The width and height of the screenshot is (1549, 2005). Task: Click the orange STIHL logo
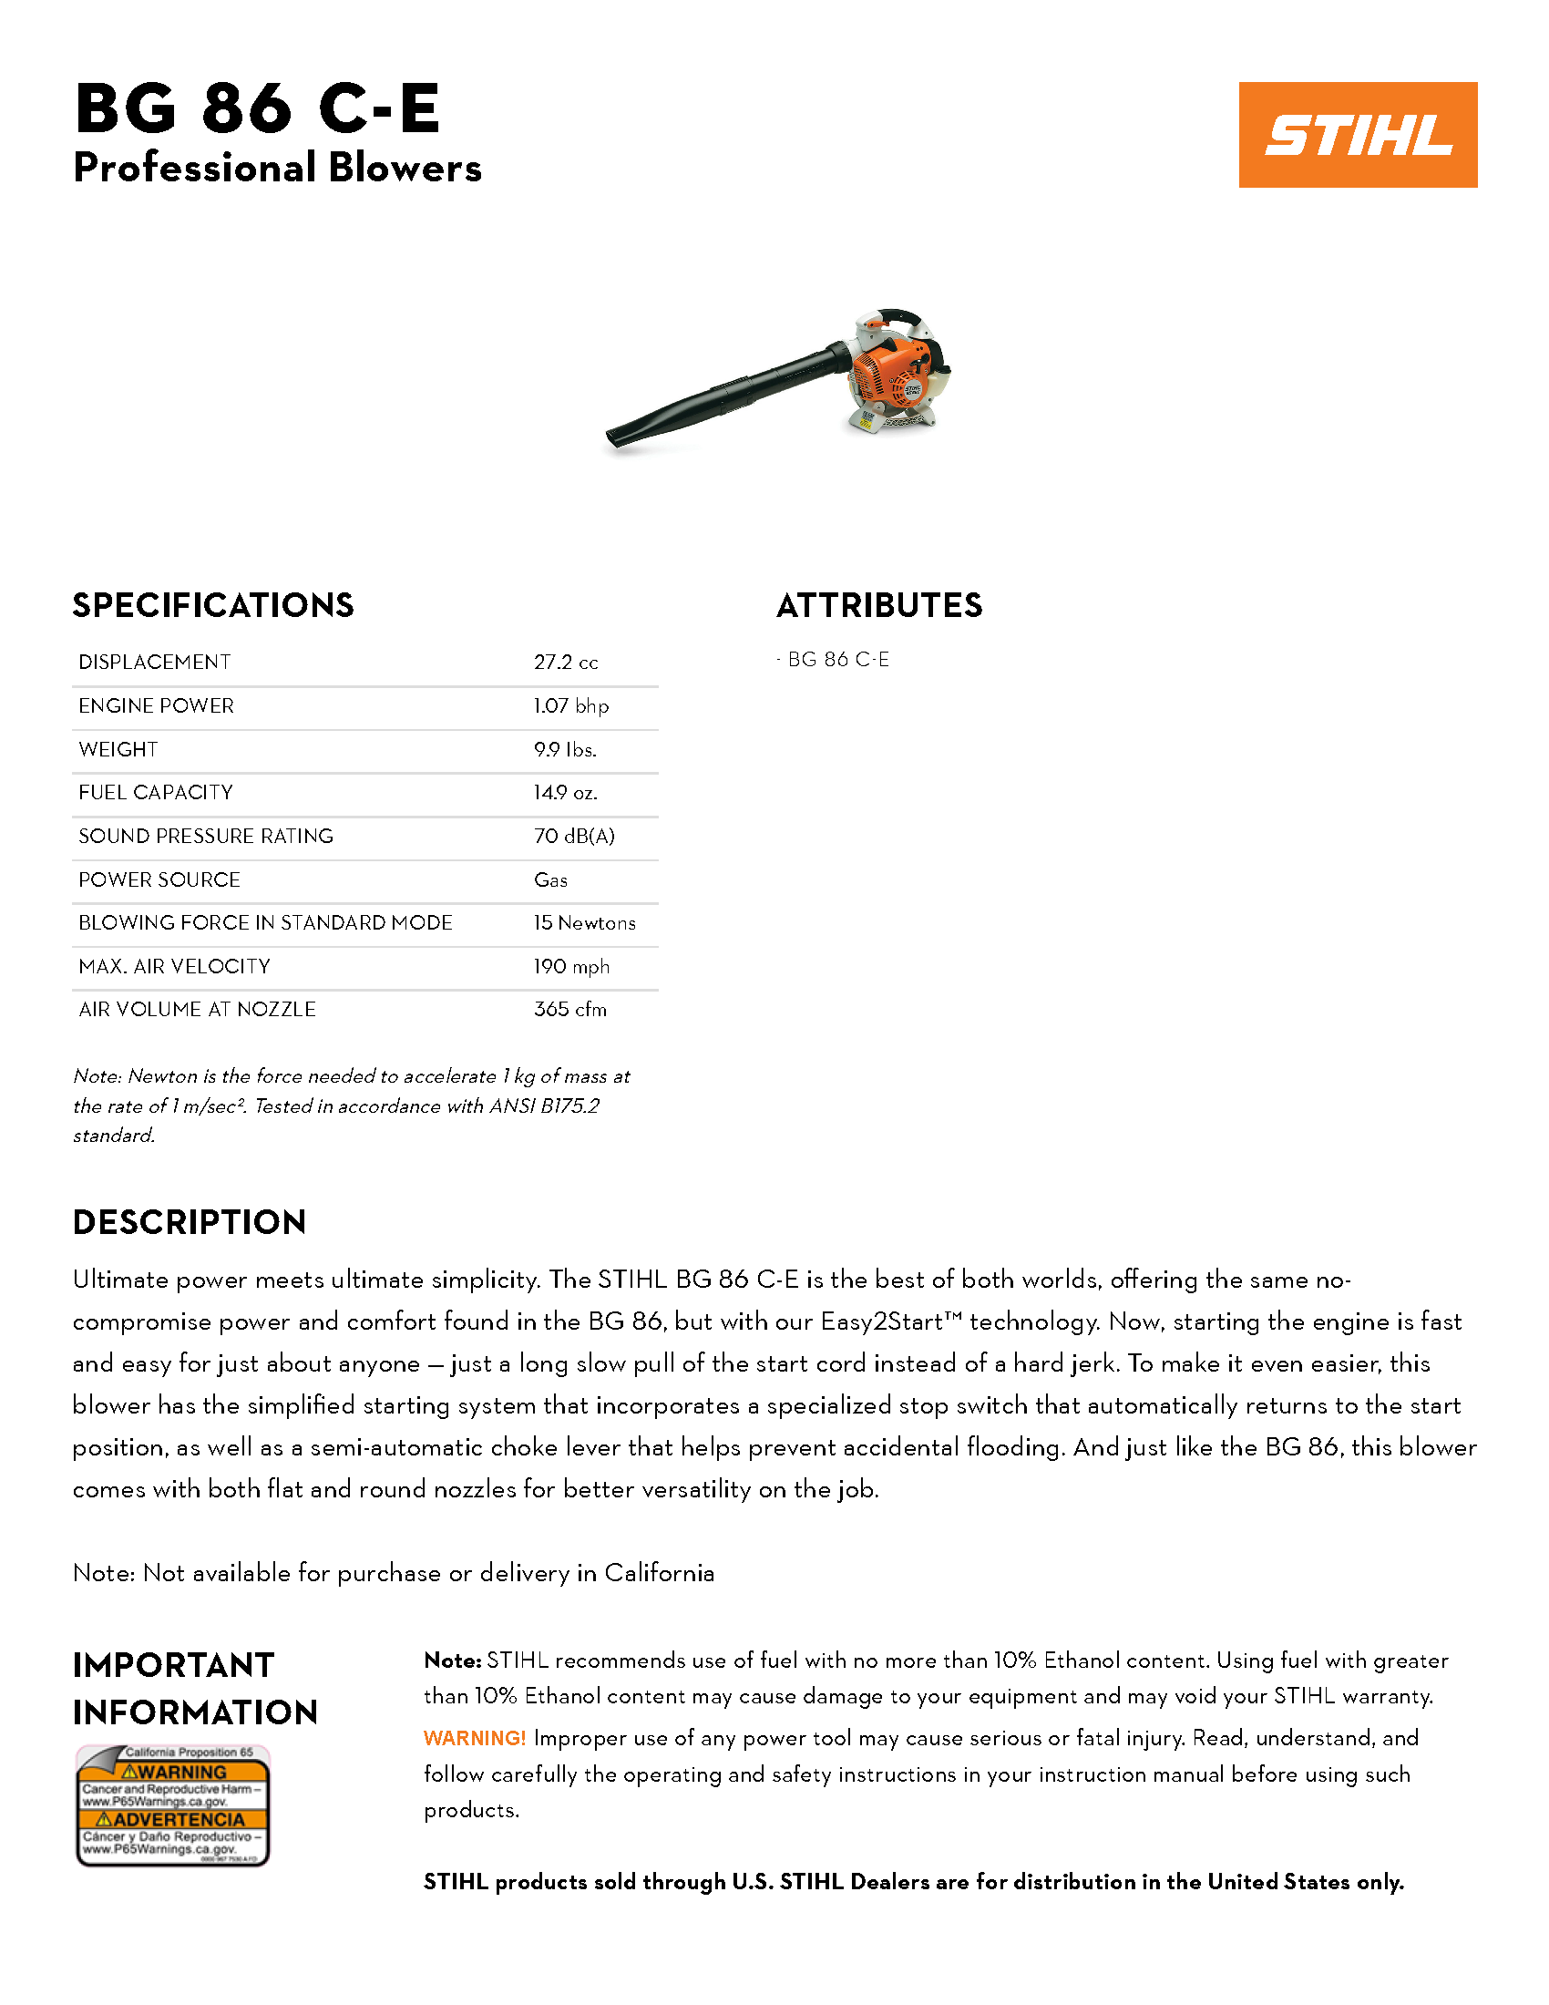point(1358,135)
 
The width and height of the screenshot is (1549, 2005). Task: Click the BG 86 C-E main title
point(258,108)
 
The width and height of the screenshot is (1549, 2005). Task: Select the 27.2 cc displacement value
point(565,662)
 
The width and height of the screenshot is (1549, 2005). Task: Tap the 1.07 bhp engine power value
point(570,706)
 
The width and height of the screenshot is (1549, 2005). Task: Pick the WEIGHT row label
point(118,749)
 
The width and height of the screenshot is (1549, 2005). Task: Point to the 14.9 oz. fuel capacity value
point(565,792)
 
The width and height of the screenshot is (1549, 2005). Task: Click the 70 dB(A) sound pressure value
point(573,836)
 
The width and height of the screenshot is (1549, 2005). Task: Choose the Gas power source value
point(550,879)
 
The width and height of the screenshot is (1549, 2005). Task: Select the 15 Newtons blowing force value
point(585,922)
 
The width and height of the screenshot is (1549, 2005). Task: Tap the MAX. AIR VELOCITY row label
point(174,966)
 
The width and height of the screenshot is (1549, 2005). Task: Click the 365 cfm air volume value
point(569,1009)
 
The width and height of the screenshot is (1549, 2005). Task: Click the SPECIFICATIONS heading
point(213,605)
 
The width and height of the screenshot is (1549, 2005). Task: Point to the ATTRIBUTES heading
point(879,605)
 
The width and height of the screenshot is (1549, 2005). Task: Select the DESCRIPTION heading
point(189,1222)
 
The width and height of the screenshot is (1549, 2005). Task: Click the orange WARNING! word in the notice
point(474,1738)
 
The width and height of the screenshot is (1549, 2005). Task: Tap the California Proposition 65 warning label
point(172,1805)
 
